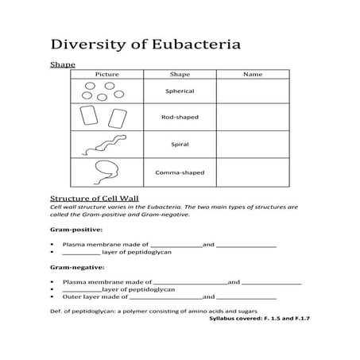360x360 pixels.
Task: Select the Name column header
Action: point(252,74)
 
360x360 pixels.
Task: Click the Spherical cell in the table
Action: point(180,91)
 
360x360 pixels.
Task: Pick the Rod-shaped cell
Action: point(180,118)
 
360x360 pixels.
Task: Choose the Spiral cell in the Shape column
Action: point(180,145)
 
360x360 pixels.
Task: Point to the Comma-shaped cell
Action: point(180,172)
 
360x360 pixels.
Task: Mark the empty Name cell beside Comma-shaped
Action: point(252,172)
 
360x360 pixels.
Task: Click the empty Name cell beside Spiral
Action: point(252,145)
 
